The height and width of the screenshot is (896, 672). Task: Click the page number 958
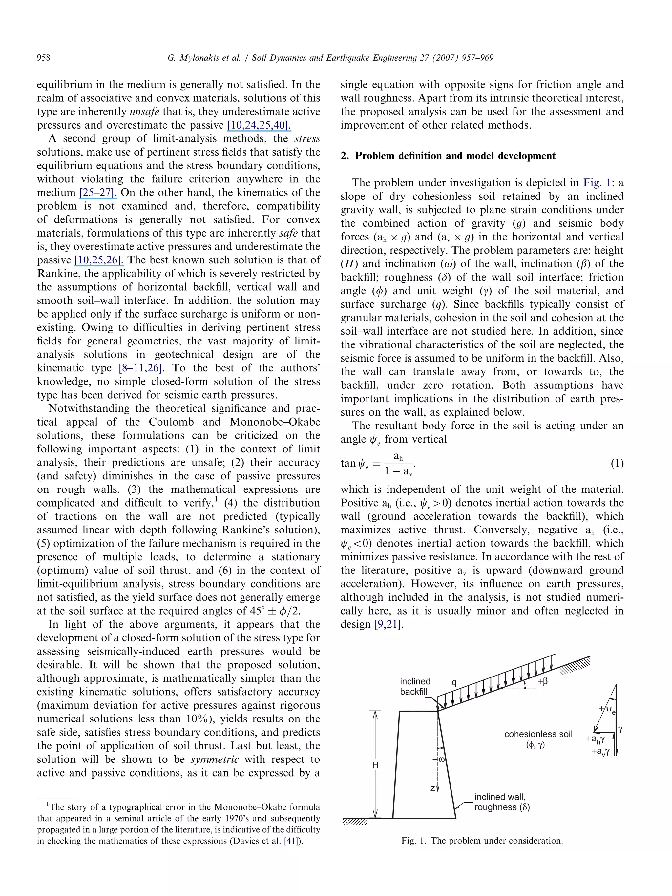[44, 58]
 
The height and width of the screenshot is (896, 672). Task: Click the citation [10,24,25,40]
[259, 125]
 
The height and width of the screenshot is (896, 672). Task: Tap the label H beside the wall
[375, 765]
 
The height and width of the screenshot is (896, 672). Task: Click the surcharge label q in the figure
[454, 682]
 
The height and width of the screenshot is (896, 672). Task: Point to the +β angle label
[542, 681]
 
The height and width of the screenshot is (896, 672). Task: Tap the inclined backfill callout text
[414, 687]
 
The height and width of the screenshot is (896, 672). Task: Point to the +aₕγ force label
[596, 739]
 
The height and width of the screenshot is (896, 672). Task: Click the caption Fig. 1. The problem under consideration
[482, 841]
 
